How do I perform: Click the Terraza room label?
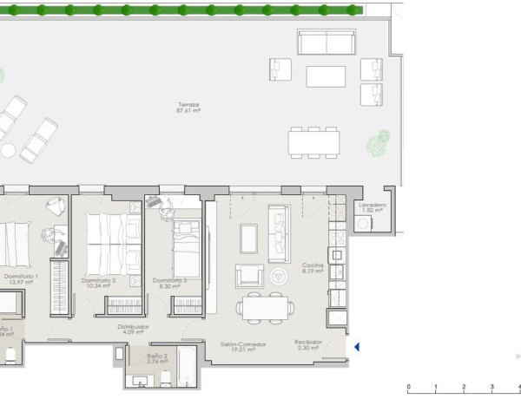[188, 104]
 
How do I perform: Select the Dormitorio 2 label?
[98, 280]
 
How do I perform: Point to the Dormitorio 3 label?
[169, 280]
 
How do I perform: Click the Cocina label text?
[313, 265]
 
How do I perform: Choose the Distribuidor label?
[134, 326]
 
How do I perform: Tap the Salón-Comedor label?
[243, 344]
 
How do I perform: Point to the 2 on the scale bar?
[464, 388]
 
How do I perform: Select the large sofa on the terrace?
[326, 43]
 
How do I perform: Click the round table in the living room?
[279, 277]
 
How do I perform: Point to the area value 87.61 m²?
[188, 111]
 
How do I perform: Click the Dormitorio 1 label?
[26, 277]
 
